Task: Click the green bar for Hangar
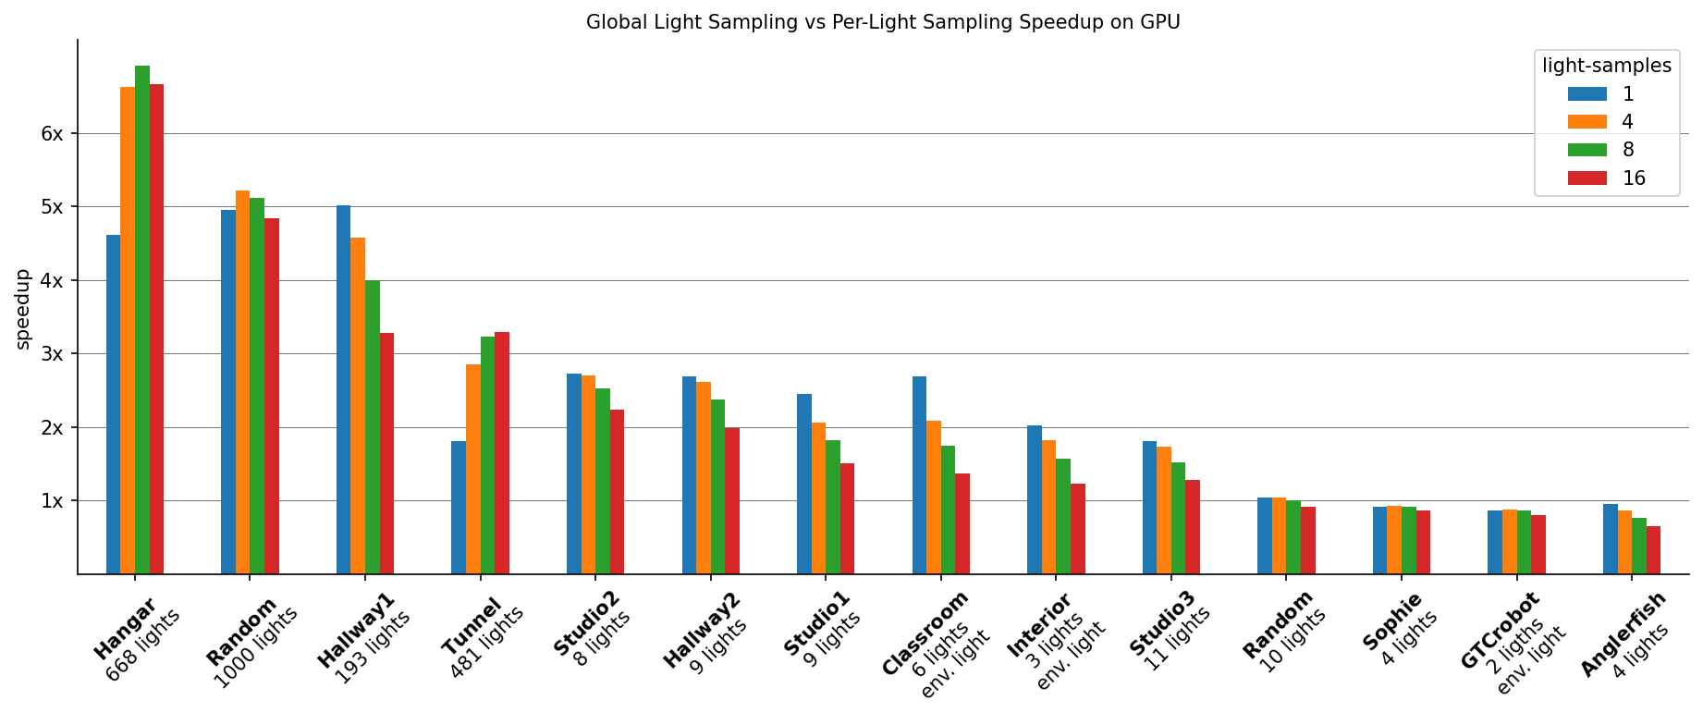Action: (x=142, y=319)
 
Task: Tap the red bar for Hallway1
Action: (x=386, y=453)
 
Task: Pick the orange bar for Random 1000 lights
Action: (x=242, y=382)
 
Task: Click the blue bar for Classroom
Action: (x=919, y=474)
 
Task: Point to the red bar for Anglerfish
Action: (x=1653, y=549)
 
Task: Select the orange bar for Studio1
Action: (x=818, y=498)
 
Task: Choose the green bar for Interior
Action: (x=1063, y=516)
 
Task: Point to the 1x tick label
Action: (x=52, y=501)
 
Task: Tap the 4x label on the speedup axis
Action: (x=52, y=280)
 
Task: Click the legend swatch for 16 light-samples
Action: (x=1587, y=178)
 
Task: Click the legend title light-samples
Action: (x=1606, y=66)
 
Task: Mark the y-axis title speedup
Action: (x=23, y=309)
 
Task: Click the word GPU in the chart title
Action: (x=1160, y=22)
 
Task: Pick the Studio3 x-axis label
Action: (x=1162, y=623)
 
